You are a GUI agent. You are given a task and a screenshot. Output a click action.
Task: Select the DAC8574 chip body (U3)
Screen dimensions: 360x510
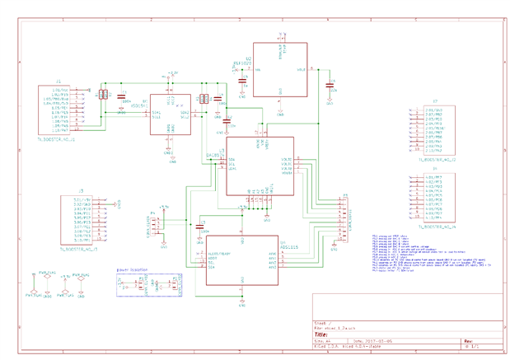tap(260, 165)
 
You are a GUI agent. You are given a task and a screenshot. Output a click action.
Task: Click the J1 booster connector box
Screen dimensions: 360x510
tap(58, 110)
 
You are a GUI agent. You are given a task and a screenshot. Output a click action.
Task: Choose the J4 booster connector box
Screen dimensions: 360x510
tap(435, 198)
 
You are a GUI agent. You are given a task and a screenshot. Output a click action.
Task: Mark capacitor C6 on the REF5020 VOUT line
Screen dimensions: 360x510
tap(330, 85)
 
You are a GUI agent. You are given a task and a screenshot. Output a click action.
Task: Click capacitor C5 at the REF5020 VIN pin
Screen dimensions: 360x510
tap(243, 86)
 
